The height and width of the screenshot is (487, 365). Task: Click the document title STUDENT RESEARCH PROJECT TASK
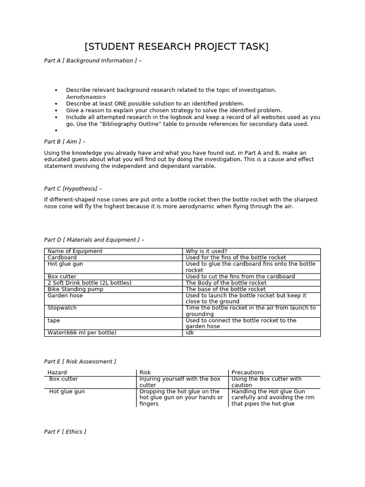coord(176,47)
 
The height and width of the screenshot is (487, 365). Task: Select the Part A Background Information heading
coord(93,61)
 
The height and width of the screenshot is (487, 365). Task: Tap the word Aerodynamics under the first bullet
coord(86,97)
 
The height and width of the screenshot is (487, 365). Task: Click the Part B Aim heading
coord(65,141)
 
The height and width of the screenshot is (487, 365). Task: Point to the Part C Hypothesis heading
coord(73,189)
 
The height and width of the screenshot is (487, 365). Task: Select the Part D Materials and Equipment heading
coord(94,240)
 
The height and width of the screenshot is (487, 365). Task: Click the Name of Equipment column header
coord(75,251)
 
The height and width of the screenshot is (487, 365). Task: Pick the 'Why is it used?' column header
coord(206,251)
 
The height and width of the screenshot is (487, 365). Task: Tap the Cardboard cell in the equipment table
coord(62,257)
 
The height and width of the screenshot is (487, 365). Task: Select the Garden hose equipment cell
coord(65,295)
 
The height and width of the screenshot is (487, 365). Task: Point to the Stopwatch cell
coord(62,308)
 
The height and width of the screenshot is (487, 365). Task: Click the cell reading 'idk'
coord(190,333)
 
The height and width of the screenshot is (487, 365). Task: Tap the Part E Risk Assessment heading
coord(80,362)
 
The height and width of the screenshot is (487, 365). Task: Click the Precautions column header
coord(248,372)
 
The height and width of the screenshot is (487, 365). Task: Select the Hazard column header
coord(58,372)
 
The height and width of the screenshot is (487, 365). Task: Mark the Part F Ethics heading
coord(65,432)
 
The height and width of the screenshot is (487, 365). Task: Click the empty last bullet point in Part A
coord(56,130)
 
